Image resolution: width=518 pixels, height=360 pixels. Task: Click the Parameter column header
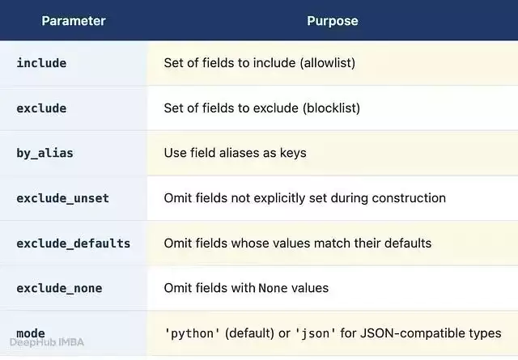tap(74, 21)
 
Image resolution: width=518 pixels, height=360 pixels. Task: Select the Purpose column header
tap(333, 21)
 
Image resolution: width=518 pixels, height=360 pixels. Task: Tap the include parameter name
tap(41, 63)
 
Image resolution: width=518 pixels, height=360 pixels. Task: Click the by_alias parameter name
tap(45, 153)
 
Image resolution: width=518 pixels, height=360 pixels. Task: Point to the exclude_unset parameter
tap(63, 198)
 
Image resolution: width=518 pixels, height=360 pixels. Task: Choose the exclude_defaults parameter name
tap(74, 244)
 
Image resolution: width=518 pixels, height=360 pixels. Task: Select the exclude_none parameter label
tap(59, 288)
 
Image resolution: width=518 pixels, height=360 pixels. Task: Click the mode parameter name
tap(31, 333)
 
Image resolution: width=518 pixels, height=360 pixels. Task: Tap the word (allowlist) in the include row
tap(327, 63)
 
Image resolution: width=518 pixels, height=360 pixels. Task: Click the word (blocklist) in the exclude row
tap(331, 108)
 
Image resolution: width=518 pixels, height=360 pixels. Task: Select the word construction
tap(409, 198)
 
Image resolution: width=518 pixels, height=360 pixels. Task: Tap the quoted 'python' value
tap(193, 333)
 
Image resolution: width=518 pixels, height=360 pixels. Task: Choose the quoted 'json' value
tap(315, 333)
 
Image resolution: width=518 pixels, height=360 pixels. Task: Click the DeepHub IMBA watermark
tap(47, 342)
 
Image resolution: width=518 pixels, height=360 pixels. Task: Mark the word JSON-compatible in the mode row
tap(413, 333)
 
